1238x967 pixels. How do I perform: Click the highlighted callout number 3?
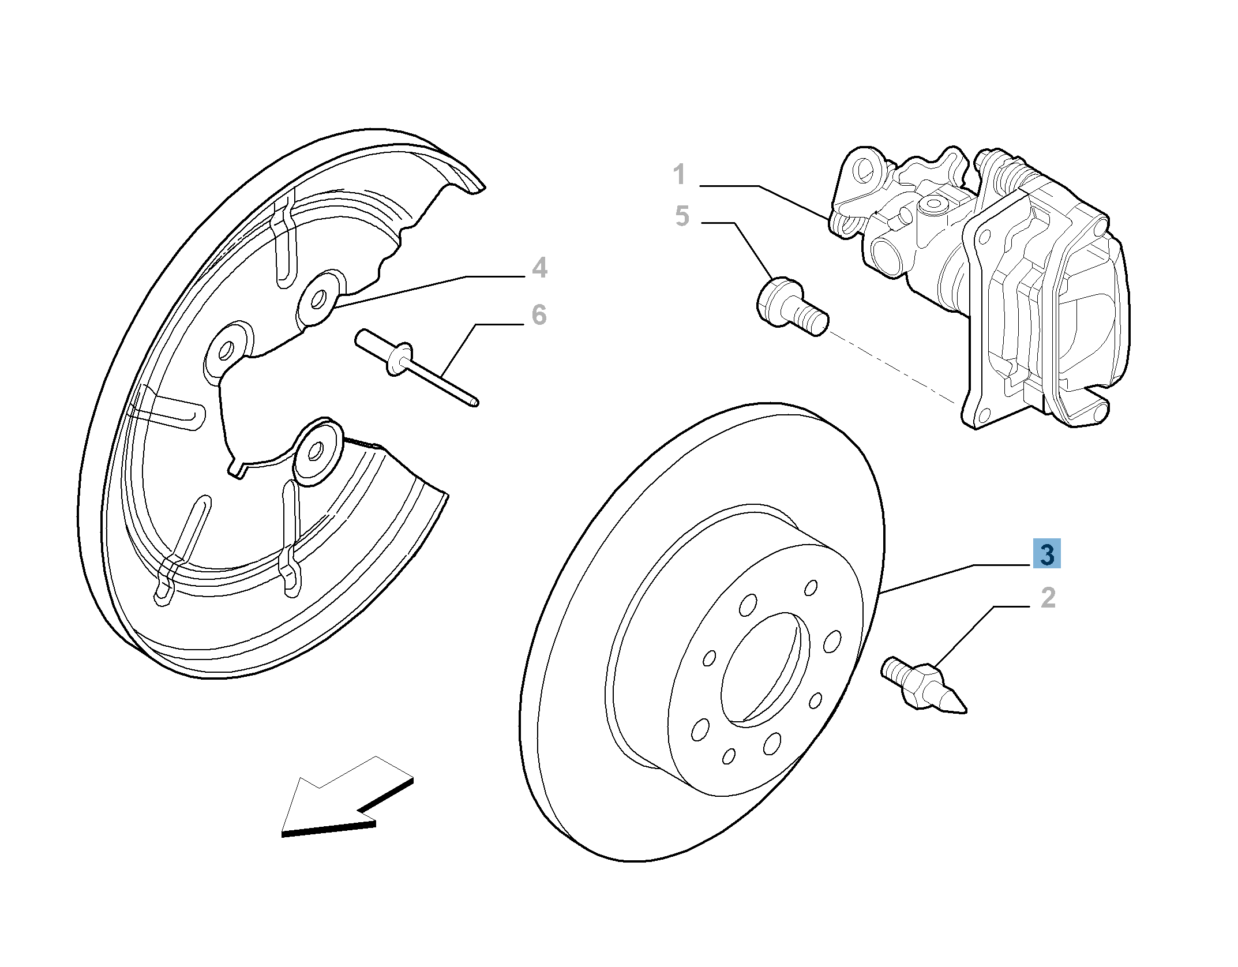(1046, 553)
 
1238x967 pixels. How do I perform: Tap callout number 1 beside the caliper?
(680, 174)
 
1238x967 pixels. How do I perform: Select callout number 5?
(682, 216)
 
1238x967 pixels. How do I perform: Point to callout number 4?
(539, 268)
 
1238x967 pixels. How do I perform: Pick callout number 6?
(539, 315)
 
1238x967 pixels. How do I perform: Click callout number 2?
(1048, 598)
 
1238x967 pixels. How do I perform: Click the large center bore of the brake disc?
(760, 669)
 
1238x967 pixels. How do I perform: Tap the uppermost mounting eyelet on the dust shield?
(318, 299)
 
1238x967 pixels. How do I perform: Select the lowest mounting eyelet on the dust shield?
(316, 451)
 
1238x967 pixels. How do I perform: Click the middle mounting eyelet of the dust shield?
(226, 350)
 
